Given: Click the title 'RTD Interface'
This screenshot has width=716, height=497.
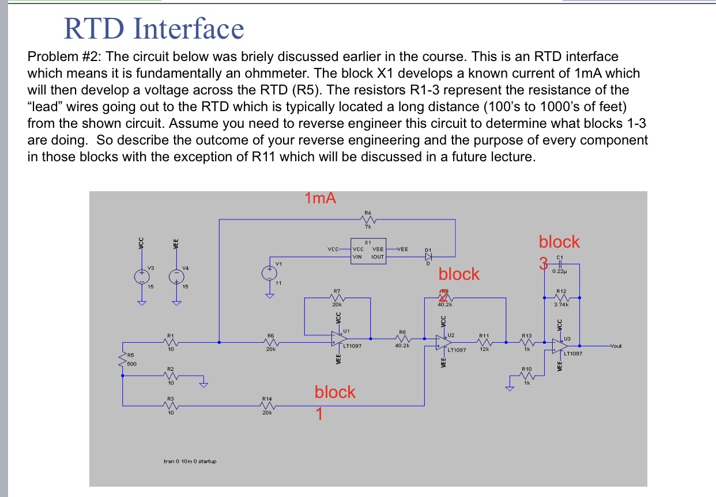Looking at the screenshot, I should [153, 29].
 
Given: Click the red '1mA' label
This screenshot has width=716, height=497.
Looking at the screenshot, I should [320, 199].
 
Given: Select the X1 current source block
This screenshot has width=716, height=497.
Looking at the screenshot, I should [368, 252].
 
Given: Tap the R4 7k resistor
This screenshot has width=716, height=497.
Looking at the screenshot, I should [368, 219].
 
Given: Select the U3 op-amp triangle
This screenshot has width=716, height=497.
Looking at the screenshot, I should [557, 346].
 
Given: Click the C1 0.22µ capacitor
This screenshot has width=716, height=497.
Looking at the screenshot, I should [559, 265].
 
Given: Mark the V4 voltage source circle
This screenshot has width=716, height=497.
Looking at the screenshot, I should [172, 276].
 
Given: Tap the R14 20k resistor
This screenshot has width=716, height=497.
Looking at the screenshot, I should [267, 406].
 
